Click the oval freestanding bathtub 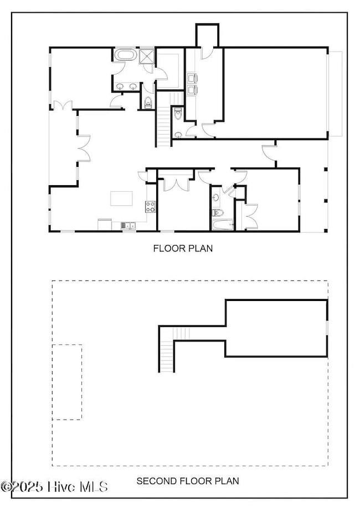pos(125,54)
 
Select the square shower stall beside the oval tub pos(147,55)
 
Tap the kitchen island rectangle pos(121,198)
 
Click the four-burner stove pos(150,207)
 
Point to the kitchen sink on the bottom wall pos(128,225)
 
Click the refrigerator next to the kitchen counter pos(105,225)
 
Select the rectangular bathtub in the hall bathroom pos(223,225)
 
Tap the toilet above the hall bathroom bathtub pos(218,213)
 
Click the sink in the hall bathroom pos(216,197)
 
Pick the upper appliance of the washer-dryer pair pos(192,78)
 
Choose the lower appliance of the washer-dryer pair pos(192,89)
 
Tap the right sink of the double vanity pos(133,86)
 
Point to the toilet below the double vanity pos(148,103)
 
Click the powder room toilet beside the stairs pos(178,114)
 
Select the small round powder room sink pos(178,134)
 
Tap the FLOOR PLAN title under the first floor pos(183,248)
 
